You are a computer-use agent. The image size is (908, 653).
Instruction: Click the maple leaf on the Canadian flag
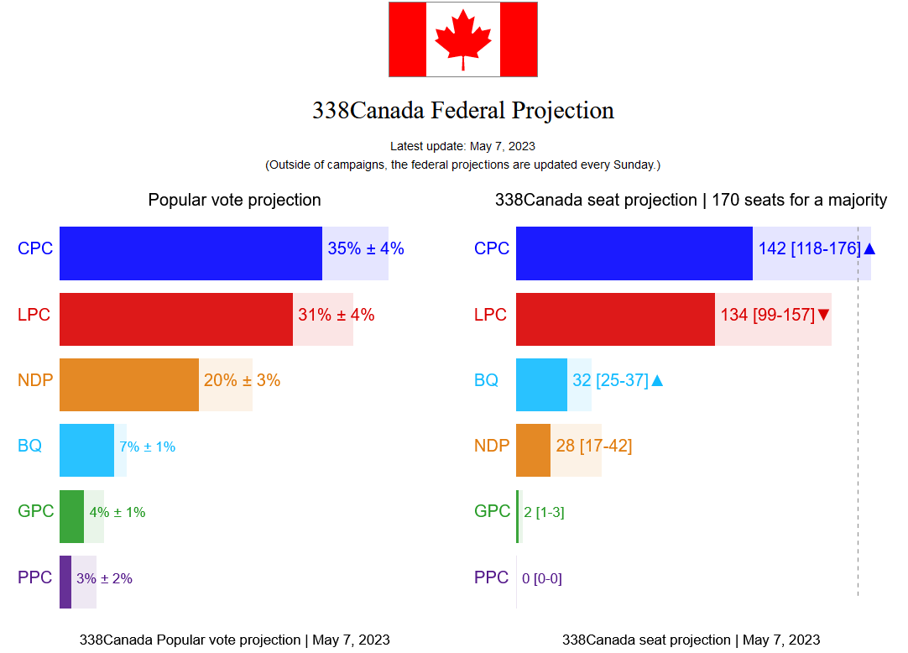click(x=462, y=39)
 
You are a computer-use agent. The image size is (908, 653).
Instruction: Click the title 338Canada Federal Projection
click(x=463, y=110)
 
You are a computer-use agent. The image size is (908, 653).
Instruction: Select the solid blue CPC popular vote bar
click(x=190, y=253)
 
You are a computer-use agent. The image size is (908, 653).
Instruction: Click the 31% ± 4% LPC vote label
click(x=337, y=315)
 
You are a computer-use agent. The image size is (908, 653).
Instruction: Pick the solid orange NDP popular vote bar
click(x=129, y=385)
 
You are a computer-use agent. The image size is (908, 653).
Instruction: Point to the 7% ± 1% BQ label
click(x=148, y=447)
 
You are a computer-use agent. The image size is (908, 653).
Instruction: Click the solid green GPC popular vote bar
click(x=71, y=516)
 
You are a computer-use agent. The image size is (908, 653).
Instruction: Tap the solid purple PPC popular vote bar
click(x=65, y=582)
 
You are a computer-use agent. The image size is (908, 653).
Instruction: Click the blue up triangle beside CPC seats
click(x=869, y=248)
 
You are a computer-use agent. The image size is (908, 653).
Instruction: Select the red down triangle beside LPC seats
click(x=823, y=315)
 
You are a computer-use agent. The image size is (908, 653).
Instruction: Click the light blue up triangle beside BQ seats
click(x=657, y=380)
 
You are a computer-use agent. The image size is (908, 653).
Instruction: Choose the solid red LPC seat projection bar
click(x=615, y=319)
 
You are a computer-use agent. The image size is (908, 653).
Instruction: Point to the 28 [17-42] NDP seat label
click(x=593, y=445)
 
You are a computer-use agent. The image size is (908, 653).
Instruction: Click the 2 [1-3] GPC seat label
click(x=544, y=512)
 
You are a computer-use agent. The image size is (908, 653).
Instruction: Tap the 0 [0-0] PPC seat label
click(x=542, y=578)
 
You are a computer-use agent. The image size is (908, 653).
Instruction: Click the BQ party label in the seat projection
click(x=486, y=380)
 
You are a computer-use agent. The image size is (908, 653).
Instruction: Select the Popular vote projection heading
click(x=234, y=200)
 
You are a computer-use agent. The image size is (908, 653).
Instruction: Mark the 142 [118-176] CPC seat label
click(x=809, y=248)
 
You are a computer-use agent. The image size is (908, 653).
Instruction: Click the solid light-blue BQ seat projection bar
click(x=541, y=385)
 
